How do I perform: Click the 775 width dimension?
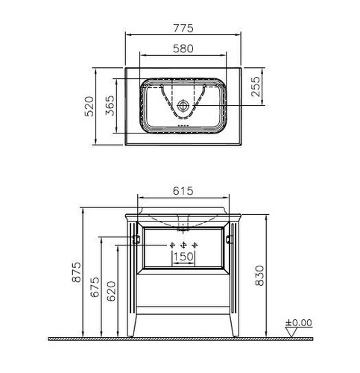(x=183, y=28)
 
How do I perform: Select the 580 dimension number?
(x=183, y=48)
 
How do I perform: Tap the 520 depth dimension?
(x=89, y=107)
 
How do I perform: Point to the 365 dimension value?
(x=110, y=106)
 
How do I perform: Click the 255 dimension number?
(x=256, y=87)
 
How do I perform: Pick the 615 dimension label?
(x=183, y=191)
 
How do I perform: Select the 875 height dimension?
(x=77, y=272)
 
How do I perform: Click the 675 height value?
(x=95, y=286)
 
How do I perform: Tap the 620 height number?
(x=111, y=291)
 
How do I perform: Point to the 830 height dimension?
(x=260, y=275)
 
